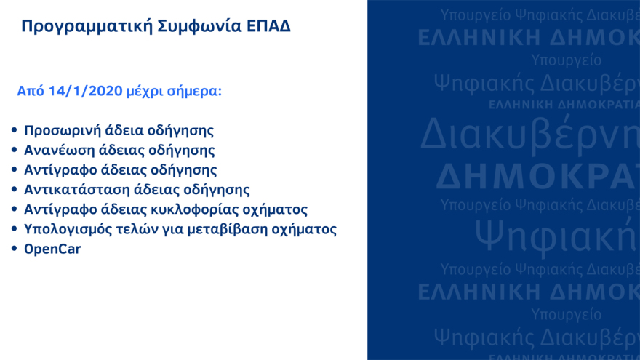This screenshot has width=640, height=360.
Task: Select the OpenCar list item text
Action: (x=52, y=249)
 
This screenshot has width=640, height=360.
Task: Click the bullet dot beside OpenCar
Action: (x=15, y=249)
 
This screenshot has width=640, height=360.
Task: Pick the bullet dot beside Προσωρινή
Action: (x=15, y=131)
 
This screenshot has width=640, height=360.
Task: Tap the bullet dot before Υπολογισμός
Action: (x=15, y=229)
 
